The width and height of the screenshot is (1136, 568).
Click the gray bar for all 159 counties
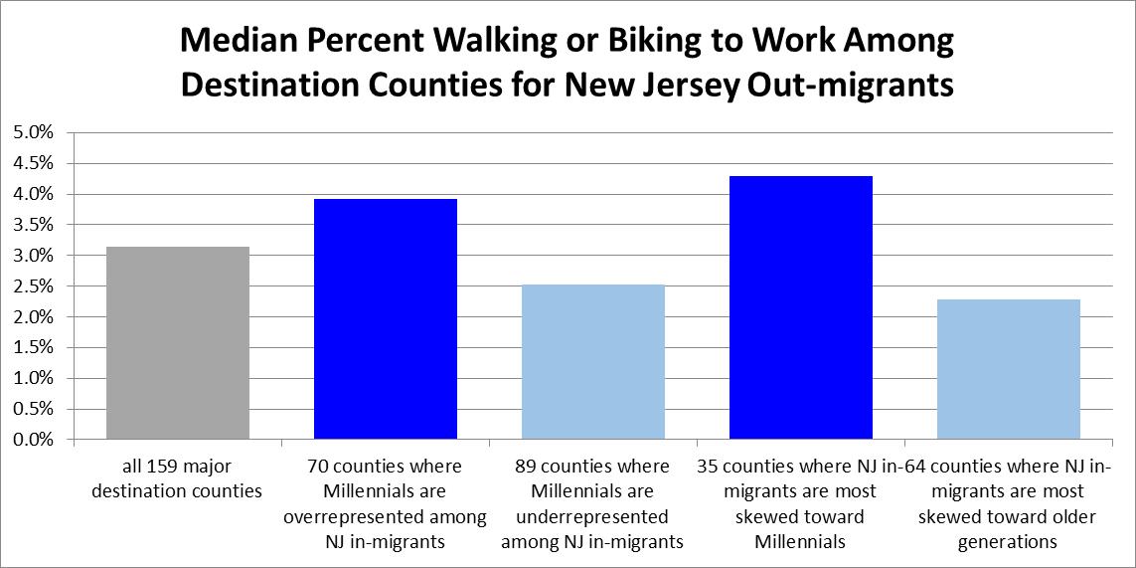(x=178, y=343)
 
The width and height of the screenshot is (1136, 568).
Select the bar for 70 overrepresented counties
(x=386, y=319)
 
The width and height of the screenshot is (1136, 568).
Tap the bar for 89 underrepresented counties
(x=593, y=362)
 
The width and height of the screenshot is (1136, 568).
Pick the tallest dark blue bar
(x=801, y=307)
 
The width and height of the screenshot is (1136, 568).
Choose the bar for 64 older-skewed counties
(x=1008, y=369)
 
